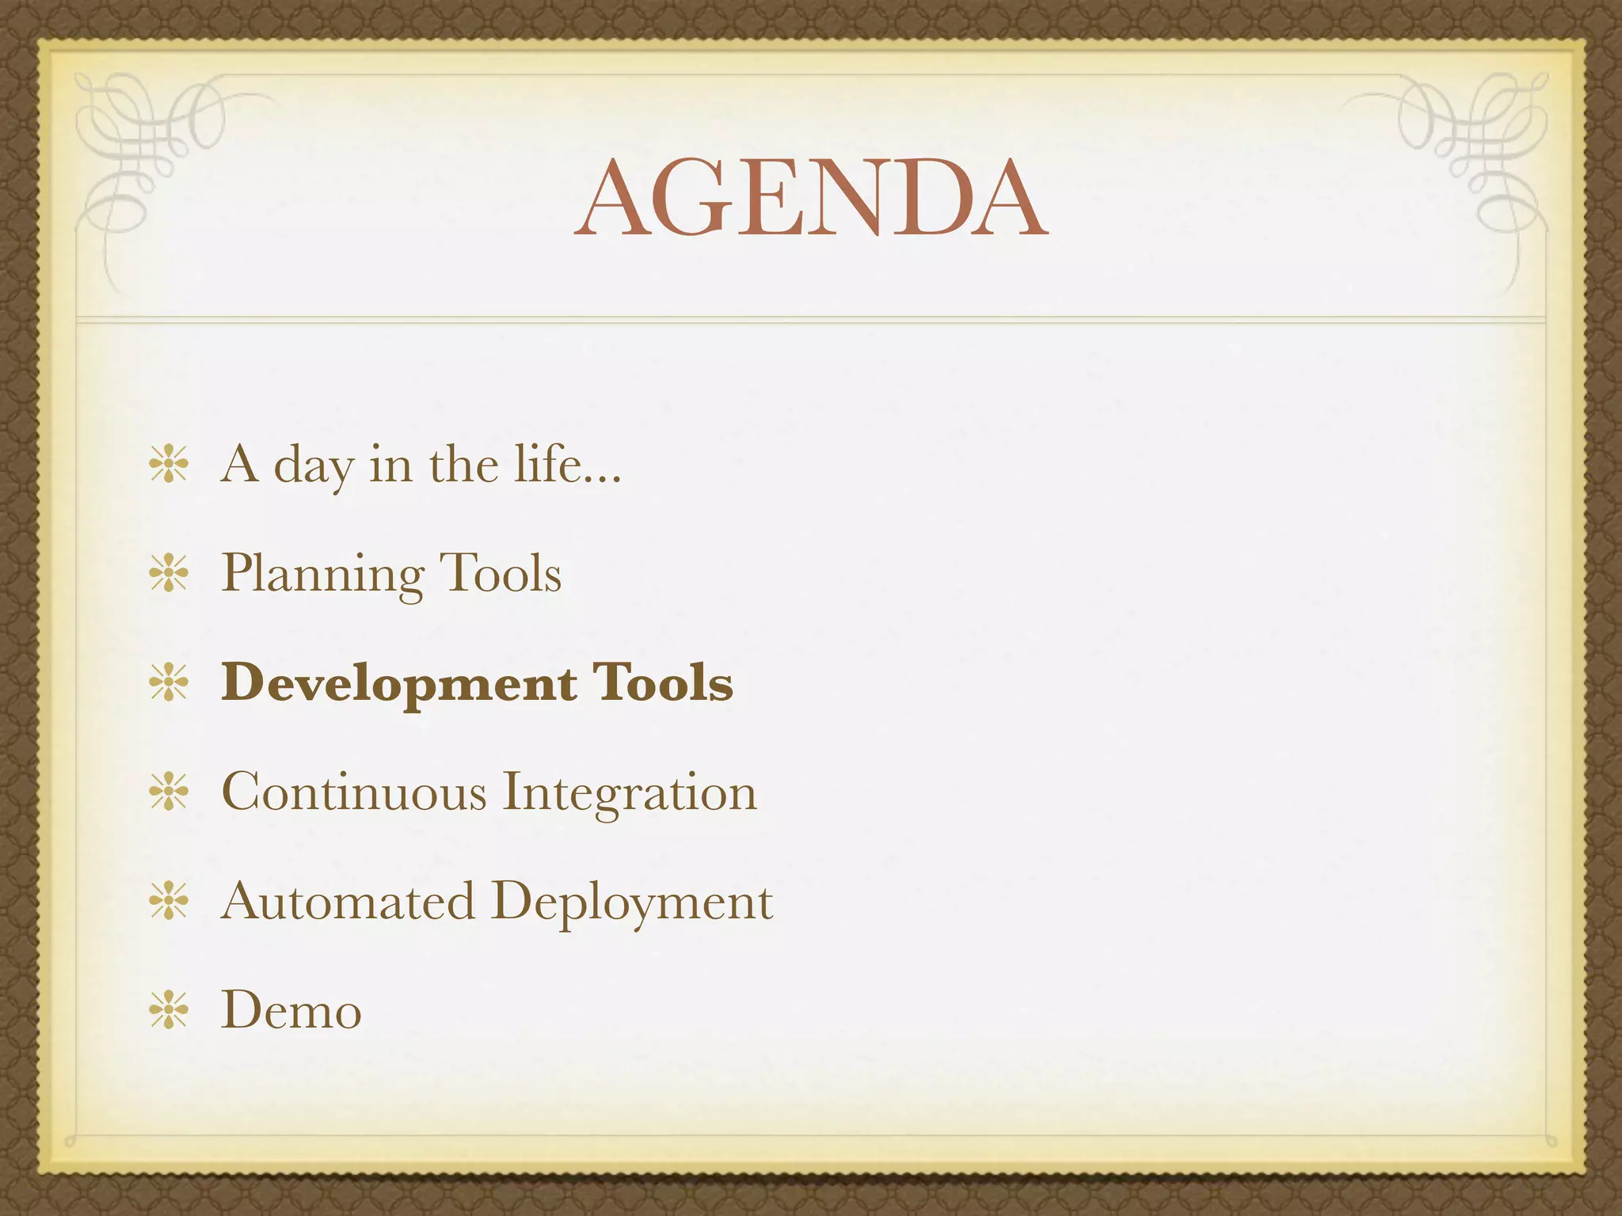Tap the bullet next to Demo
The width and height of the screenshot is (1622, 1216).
point(169,1010)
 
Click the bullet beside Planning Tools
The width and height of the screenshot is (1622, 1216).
point(169,573)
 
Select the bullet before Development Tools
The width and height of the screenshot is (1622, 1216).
point(169,682)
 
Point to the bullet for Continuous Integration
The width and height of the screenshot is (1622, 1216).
point(169,792)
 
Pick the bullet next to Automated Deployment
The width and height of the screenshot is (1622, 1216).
point(169,901)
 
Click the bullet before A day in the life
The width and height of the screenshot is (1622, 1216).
point(169,464)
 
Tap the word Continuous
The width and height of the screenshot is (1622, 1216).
point(353,792)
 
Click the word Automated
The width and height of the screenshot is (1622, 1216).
point(348,901)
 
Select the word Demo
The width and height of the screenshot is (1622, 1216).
point(291,1011)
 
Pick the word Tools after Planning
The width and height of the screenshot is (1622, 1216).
point(500,573)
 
